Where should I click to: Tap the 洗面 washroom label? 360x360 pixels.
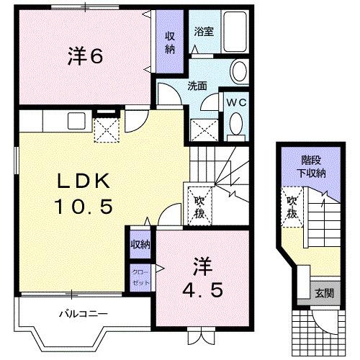198,85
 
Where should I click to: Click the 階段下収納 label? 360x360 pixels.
312,167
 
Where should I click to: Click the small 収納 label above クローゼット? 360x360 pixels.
140,246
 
